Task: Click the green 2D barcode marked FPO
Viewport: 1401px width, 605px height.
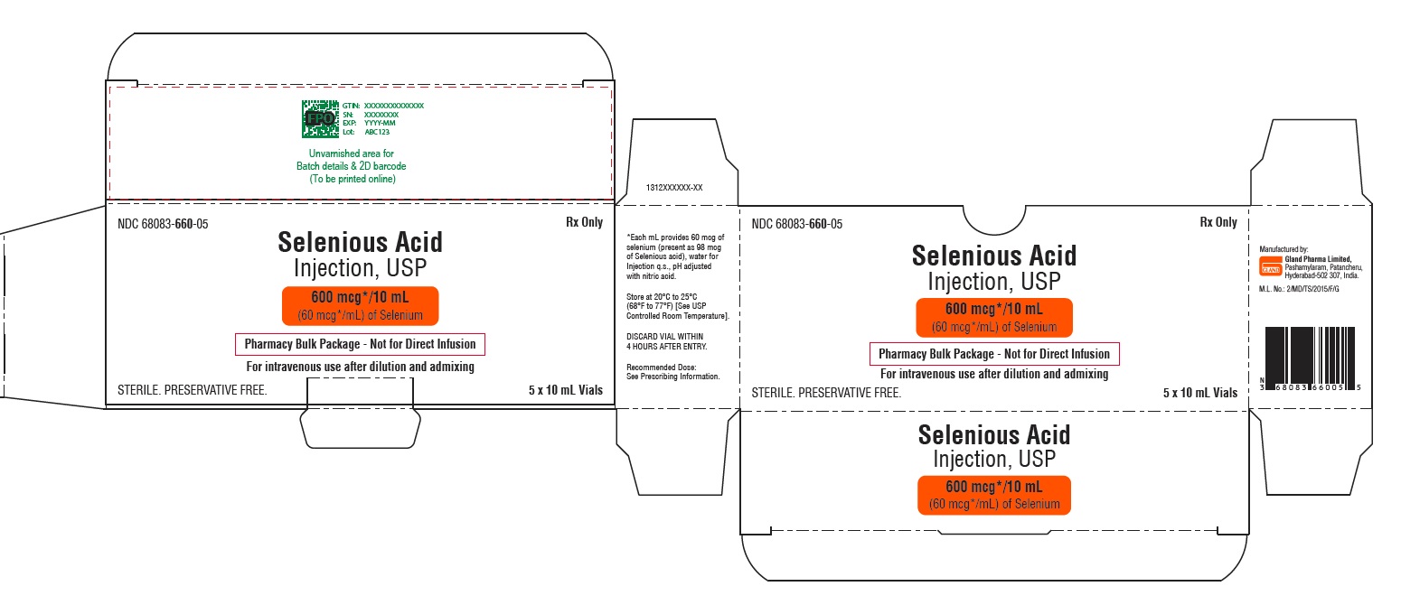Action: (317, 118)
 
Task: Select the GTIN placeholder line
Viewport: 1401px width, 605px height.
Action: (383, 106)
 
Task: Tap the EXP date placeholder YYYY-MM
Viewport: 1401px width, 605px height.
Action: (380, 123)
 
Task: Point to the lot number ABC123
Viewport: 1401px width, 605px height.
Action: (376, 132)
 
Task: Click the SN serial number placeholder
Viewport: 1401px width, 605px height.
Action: (381, 115)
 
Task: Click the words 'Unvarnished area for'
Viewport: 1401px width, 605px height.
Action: (352, 154)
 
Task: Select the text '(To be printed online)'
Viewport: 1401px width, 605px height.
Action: (352, 178)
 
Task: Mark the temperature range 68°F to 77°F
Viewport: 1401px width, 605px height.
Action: (659, 306)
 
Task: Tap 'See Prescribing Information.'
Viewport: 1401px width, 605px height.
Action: (673, 377)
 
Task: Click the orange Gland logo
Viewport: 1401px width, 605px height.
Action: (1270, 265)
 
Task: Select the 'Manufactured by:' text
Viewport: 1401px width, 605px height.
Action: (1283, 248)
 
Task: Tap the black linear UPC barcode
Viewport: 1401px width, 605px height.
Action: (1309, 356)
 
